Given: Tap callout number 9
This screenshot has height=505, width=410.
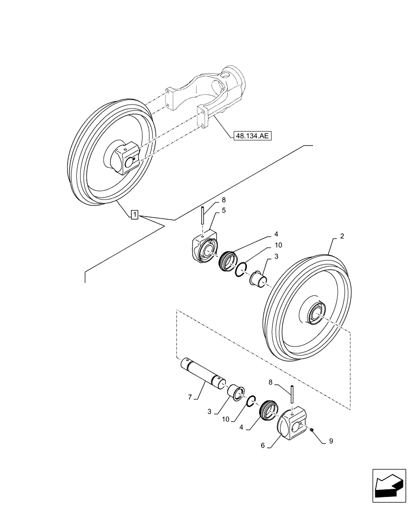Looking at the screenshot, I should point(330,440).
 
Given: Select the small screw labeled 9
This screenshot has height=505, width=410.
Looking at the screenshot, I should point(312,429).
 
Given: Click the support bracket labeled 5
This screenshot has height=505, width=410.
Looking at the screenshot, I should point(203,248).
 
